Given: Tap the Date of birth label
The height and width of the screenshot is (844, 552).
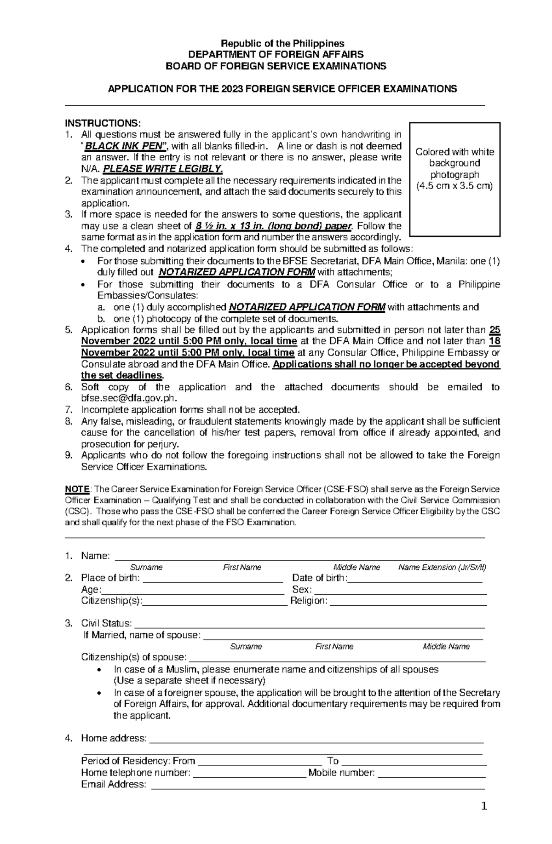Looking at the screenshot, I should (x=319, y=578).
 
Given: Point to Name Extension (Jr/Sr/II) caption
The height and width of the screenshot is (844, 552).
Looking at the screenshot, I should (x=442, y=568).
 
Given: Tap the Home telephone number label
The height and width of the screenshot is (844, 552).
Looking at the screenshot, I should (x=136, y=773).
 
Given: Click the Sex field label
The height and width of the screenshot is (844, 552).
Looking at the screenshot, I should (x=302, y=590).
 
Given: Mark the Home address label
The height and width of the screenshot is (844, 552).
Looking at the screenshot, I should (x=114, y=739).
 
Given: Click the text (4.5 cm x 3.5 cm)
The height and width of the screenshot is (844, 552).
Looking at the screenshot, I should (x=454, y=186).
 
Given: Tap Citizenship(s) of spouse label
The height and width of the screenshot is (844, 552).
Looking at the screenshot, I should (x=134, y=657).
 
